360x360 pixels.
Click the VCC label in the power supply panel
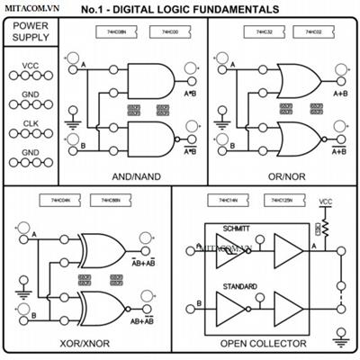click(31, 66)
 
